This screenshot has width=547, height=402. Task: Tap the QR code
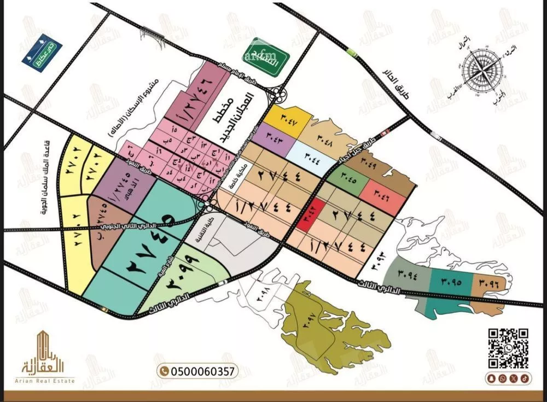coord(508,348)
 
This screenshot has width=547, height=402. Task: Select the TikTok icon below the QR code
coord(524,378)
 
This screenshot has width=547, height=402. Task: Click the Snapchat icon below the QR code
coord(502,378)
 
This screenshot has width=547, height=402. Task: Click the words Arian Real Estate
coord(49,380)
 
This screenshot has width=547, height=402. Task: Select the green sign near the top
coord(260,56)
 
